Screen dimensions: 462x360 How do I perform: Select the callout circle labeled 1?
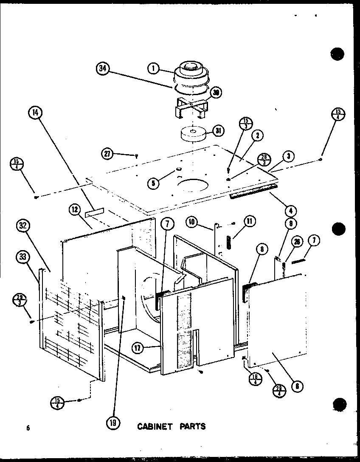[153, 68]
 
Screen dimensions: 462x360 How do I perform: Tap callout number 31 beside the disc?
[219, 131]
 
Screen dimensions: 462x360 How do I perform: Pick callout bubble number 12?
[75, 209]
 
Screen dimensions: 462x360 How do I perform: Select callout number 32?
[24, 226]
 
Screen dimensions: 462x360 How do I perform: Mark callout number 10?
[192, 221]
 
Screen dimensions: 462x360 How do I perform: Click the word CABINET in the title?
[155, 426]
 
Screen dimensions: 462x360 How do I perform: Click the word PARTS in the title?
[192, 426]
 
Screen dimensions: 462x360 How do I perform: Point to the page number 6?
[28, 428]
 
